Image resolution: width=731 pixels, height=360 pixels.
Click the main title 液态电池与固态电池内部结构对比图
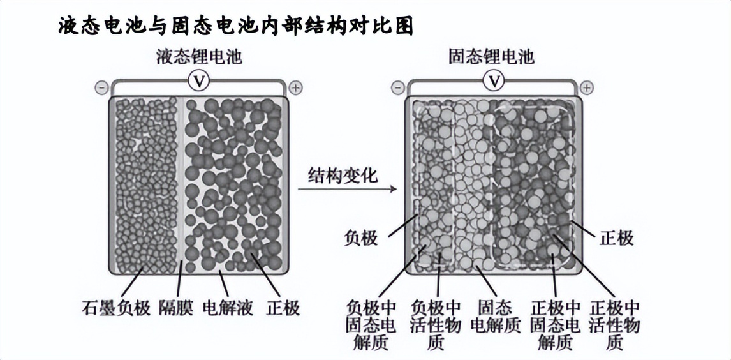point(236,27)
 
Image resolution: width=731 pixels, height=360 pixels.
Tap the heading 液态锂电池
point(199,57)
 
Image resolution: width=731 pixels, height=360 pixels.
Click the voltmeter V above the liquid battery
point(199,82)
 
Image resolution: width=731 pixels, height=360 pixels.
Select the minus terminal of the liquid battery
point(101,87)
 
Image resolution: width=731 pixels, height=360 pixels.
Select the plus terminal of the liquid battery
point(295,87)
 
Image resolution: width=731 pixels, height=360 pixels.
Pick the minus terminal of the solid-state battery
point(397,87)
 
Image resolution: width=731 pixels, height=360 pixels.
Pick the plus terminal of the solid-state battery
point(587,87)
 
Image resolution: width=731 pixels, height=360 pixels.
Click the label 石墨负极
point(116,308)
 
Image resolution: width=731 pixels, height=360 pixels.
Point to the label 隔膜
point(176,308)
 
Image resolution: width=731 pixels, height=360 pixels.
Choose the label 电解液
point(228,308)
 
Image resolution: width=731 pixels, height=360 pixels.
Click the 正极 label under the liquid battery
point(283,308)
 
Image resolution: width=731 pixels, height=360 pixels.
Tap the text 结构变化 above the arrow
point(342,176)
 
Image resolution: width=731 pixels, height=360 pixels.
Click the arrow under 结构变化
point(347,189)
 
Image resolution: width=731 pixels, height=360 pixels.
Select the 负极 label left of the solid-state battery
point(360,239)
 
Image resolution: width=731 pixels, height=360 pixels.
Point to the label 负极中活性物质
point(437,325)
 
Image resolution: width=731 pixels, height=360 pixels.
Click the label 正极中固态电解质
point(555,325)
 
